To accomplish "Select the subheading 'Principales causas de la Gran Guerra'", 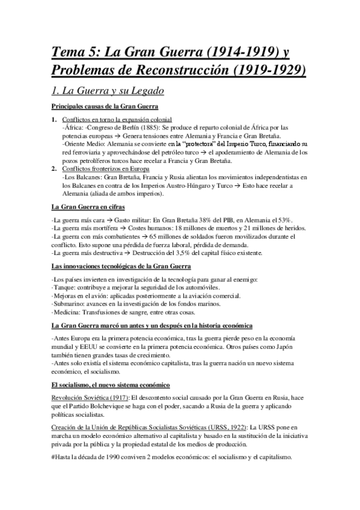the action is coord(105,107).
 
